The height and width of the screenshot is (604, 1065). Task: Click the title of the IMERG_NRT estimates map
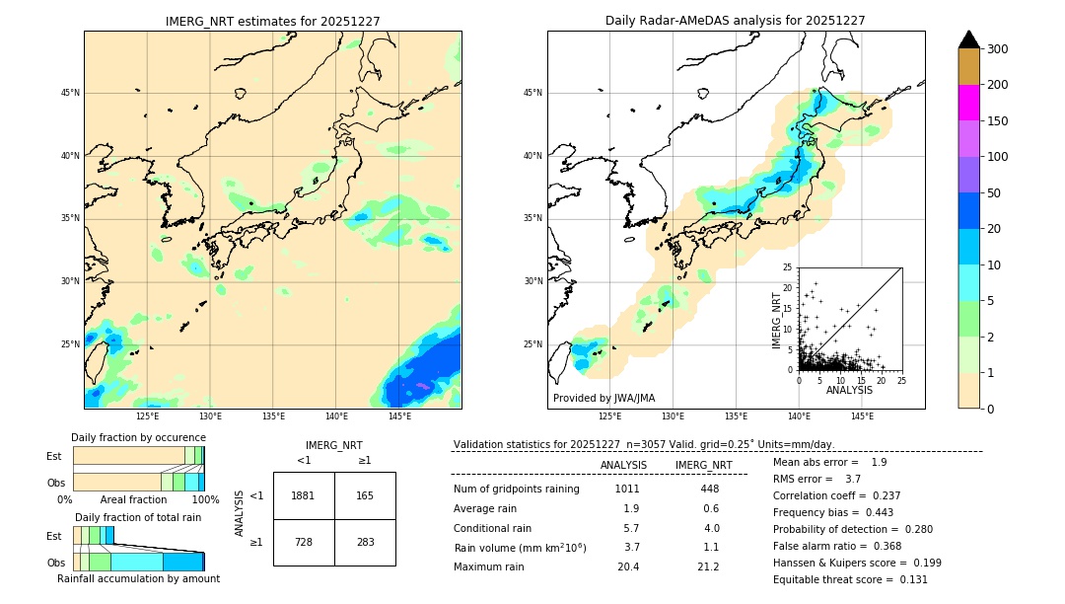[272, 21]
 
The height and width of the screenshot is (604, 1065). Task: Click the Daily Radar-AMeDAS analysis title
[736, 21]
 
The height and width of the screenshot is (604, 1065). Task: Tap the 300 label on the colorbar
[997, 48]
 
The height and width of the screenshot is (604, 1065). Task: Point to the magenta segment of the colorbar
[969, 103]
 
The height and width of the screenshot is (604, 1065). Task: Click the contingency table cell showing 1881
[304, 495]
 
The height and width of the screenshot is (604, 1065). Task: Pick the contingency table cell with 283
[365, 542]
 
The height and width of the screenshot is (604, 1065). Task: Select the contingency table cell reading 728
[304, 542]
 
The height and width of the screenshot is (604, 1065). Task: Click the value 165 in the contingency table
[365, 495]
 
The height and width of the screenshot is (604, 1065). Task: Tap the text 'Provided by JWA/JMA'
[603, 399]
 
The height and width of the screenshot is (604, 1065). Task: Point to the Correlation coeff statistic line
[837, 495]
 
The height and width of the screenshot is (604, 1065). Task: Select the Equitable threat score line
[850, 579]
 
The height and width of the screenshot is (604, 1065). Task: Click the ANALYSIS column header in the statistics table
[623, 465]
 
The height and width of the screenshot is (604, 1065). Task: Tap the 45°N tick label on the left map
[70, 93]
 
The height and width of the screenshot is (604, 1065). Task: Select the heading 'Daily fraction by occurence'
[138, 437]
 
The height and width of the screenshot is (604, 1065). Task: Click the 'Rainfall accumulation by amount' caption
[138, 578]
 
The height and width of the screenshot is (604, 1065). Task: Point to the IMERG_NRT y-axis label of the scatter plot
[776, 319]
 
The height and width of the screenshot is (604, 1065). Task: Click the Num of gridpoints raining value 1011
[627, 489]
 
